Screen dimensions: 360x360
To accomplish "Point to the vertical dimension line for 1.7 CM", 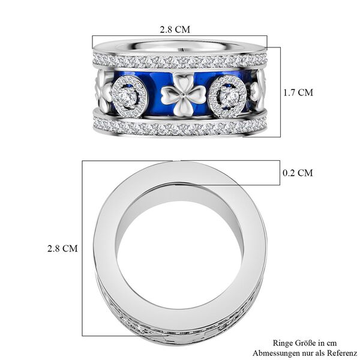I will coord(280,93).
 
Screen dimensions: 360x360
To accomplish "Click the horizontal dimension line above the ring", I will coord(178,35).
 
